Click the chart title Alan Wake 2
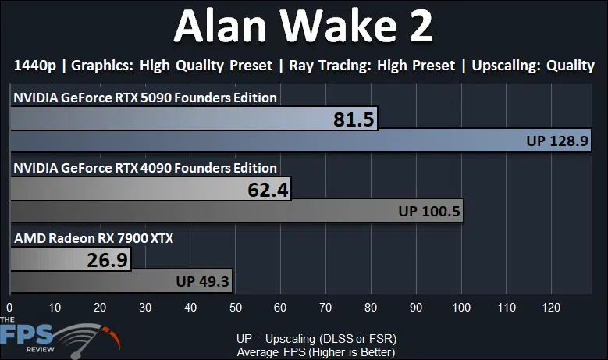tap(304, 26)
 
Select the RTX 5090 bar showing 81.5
tap(194, 119)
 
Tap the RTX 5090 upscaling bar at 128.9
tap(301, 141)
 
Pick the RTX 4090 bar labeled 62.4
tap(151, 189)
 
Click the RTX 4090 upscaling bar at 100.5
tap(237, 211)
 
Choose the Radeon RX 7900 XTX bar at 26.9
tap(70, 259)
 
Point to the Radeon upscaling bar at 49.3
tap(122, 281)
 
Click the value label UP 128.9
tap(557, 141)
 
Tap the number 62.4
tap(268, 190)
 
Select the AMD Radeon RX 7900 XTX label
tap(94, 238)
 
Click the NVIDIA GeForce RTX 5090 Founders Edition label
tap(145, 98)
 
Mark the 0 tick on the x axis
tap(9, 308)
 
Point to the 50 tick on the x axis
tap(236, 308)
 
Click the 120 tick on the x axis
tap(551, 308)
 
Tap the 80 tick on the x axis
tap(371, 308)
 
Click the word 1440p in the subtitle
tap(35, 66)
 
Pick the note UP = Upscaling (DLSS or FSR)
tap(316, 339)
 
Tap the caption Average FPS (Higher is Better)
tap(316, 352)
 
